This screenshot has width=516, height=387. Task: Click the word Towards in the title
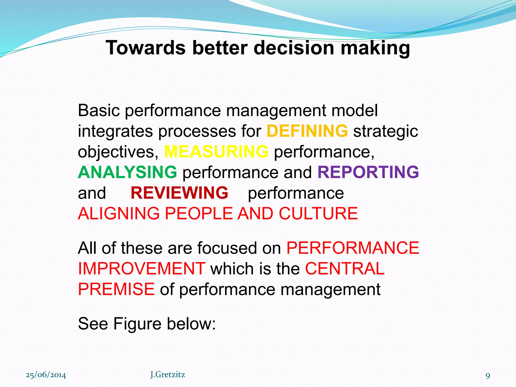[146, 48]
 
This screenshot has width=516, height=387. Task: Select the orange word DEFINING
[307, 131]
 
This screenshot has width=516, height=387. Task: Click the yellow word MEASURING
[216, 151]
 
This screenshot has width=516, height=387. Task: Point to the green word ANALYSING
[127, 172]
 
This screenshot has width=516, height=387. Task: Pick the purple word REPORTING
[368, 172]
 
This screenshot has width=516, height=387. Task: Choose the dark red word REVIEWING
[179, 193]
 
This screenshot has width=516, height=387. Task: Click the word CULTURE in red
[318, 213]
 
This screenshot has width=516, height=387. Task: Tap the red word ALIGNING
[119, 213]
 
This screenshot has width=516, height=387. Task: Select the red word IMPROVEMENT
[142, 268]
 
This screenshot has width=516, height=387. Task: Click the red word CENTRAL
[345, 268]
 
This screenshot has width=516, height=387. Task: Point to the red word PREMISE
[116, 289]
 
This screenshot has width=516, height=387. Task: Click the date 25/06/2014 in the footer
[46, 375]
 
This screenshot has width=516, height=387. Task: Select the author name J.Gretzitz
[168, 375]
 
